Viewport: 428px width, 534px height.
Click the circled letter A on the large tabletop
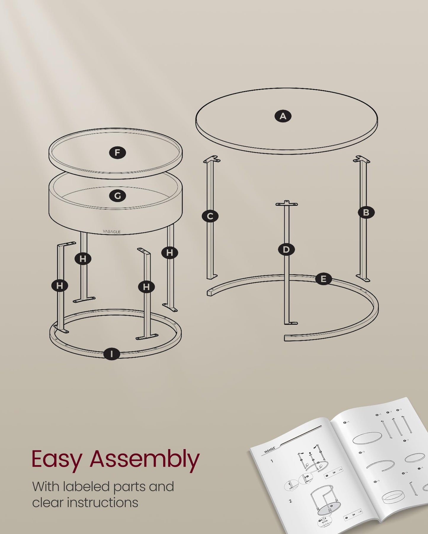point(283,116)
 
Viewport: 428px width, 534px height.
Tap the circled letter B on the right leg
point(366,212)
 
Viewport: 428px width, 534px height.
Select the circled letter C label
point(210,216)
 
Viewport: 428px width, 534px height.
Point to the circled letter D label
point(286,250)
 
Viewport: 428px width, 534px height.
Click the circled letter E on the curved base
point(323,279)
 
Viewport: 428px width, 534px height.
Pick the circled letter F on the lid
point(117,153)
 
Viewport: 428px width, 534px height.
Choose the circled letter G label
point(117,196)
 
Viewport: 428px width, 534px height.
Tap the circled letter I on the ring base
point(112,354)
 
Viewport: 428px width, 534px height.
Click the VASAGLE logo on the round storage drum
point(112,232)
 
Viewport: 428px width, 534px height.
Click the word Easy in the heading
point(57,459)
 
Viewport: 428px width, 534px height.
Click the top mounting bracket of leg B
point(361,160)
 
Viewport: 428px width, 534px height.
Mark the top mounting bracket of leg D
point(286,204)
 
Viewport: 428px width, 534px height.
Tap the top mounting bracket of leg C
point(212,160)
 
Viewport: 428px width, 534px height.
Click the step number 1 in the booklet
point(272,461)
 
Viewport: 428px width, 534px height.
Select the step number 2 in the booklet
point(290,501)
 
